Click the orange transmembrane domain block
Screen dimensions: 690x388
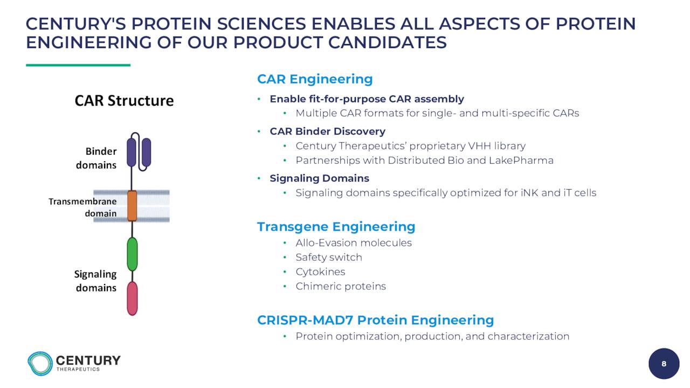tap(132, 206)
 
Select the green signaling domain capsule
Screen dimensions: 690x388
tap(132, 254)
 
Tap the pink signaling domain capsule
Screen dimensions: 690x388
tap(132, 299)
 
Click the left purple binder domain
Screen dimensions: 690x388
tap(132, 153)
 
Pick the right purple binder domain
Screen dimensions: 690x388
tap(146, 153)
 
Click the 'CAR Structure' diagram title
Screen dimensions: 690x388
tap(124, 101)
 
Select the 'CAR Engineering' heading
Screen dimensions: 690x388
tap(315, 79)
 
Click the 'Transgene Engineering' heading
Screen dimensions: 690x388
tap(336, 227)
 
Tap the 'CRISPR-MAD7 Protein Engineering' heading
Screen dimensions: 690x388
tap(376, 320)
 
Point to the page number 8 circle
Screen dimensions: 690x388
tap(664, 364)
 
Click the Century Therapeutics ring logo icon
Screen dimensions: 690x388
tap(40, 364)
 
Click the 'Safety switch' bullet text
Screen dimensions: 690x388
tap(329, 257)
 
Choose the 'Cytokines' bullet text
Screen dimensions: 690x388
tap(320, 272)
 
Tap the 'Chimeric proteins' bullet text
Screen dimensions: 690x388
tap(341, 286)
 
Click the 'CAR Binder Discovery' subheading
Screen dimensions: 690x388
tap(327, 131)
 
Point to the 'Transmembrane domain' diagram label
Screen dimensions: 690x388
tap(82, 207)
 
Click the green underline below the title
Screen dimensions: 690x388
tap(78, 65)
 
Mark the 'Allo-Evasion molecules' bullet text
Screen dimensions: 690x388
tap(354, 243)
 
